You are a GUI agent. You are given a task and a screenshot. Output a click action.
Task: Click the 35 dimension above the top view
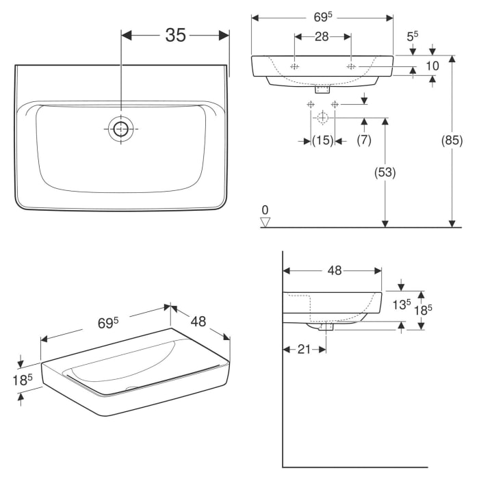point(175,36)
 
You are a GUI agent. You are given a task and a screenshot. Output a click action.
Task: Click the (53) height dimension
point(385,173)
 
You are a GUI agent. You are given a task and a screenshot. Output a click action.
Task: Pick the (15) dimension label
point(322,140)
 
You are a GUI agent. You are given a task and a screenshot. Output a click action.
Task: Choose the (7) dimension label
point(364,140)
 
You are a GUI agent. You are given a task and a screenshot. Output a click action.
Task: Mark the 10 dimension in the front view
point(432,66)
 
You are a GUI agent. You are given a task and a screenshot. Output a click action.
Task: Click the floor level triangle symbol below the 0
point(266,221)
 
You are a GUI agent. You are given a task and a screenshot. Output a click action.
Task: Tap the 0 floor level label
point(266,209)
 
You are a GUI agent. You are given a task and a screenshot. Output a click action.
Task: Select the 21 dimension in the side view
point(303,349)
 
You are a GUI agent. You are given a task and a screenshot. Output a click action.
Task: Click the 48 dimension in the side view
point(334,270)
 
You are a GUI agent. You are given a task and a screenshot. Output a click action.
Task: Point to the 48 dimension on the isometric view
point(198,320)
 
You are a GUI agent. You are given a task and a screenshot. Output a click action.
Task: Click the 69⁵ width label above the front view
point(322,17)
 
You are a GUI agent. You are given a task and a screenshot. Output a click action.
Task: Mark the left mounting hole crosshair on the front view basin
point(294,66)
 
